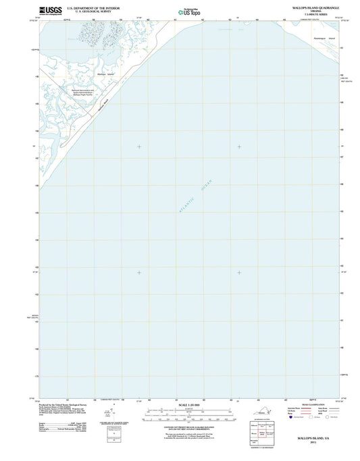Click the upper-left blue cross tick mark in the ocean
pyautogui.click(x=139, y=146)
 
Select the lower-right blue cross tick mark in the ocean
pyautogui.click(x=239, y=273)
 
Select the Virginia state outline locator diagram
pyautogui.click(x=262, y=416)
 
